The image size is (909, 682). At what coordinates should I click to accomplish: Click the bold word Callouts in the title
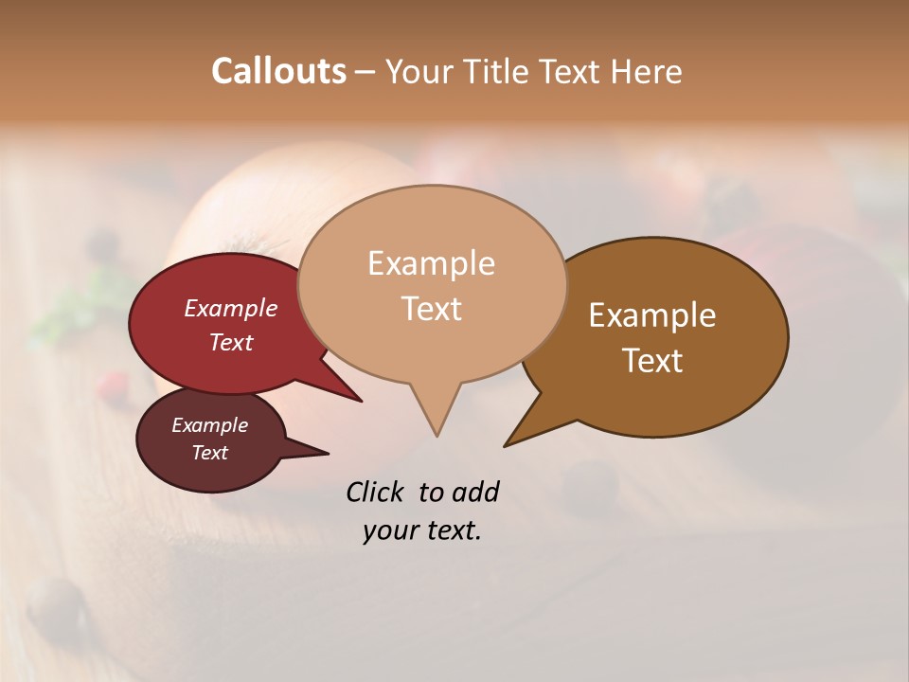coord(278,71)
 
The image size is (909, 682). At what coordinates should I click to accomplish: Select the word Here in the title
coord(646,71)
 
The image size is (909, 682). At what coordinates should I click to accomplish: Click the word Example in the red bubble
coord(230,308)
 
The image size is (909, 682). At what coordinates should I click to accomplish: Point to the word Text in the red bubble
coord(230,342)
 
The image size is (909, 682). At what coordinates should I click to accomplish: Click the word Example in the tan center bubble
coord(431,263)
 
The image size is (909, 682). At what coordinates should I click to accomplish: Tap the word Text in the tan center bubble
coord(431,308)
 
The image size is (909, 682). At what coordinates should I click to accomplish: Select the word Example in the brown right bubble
coord(652,315)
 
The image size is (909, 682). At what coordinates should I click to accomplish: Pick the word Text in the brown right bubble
coord(652,360)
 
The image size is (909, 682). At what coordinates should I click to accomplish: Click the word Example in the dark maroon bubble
coord(209,425)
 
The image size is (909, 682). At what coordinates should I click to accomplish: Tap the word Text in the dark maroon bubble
coord(209,453)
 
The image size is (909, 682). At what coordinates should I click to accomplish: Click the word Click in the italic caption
coord(376,492)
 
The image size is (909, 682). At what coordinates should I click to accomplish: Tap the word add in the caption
coord(474,492)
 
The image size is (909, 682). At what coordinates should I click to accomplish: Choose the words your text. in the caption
coord(421,530)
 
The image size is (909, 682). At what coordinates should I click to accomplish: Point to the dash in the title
coord(365,72)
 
